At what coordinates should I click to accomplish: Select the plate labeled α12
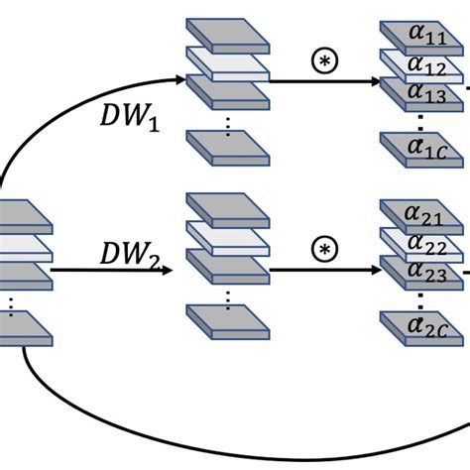click(x=416, y=66)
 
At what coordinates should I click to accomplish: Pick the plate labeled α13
click(x=416, y=93)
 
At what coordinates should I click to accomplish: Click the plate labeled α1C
click(x=416, y=147)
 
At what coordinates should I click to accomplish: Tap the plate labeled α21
click(x=416, y=213)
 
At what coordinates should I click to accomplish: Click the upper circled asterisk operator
click(x=323, y=60)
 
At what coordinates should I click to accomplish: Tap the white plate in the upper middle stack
click(x=228, y=66)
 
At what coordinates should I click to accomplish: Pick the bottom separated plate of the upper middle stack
click(x=228, y=143)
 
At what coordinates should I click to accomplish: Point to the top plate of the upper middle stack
click(x=228, y=38)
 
